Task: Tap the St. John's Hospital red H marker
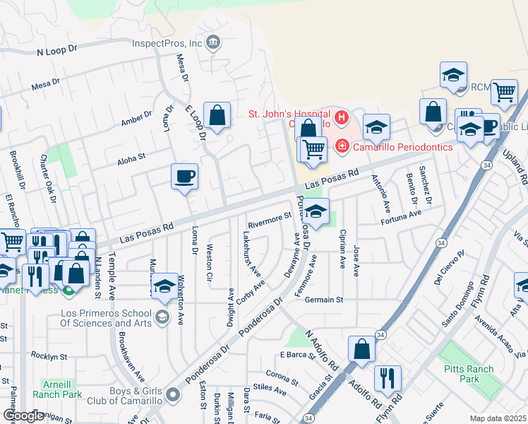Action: (342, 117)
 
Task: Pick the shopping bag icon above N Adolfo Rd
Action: (361, 348)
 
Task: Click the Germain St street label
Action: (324, 300)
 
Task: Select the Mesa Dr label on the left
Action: (45, 86)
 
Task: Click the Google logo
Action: (23, 416)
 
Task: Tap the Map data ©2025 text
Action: (498, 418)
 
